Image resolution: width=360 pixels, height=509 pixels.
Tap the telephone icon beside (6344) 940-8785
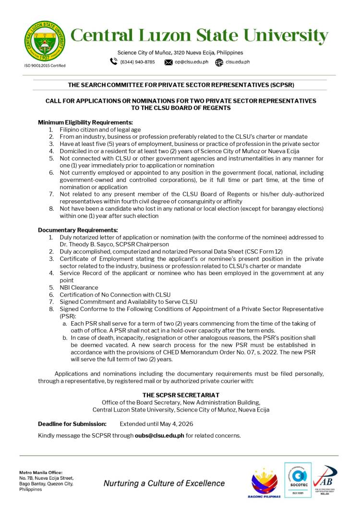(x=114, y=61)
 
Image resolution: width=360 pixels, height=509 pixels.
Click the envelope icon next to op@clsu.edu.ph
(x=168, y=62)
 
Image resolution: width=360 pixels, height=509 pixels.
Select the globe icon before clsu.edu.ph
(x=219, y=62)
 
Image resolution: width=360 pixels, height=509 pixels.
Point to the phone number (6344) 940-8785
(x=137, y=62)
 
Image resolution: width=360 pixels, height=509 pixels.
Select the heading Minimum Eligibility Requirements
(x=85, y=122)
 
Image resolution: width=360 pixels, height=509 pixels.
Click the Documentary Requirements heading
(x=78, y=230)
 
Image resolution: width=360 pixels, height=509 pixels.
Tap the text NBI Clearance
(x=79, y=288)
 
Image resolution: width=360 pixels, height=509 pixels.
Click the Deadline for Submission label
(x=72, y=424)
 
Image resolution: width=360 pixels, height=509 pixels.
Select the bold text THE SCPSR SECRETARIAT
(x=181, y=395)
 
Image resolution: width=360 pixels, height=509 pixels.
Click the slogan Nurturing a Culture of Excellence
(x=164, y=483)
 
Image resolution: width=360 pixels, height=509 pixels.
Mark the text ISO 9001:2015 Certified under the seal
(x=45, y=65)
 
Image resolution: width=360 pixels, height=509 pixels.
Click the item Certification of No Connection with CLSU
(x=115, y=295)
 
